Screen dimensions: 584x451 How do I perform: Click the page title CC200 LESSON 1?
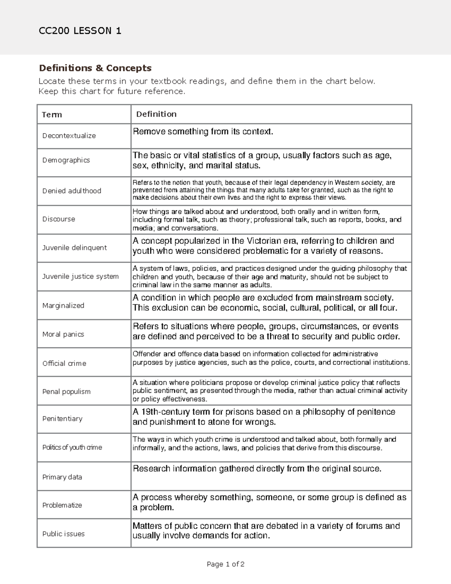[x=80, y=31]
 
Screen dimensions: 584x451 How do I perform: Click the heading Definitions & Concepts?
[x=95, y=68]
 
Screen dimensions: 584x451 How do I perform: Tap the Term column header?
[x=52, y=115]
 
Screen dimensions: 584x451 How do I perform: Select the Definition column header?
[x=156, y=114]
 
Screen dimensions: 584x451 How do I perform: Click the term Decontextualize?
[x=69, y=136]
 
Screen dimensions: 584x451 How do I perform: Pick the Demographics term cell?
[x=66, y=160]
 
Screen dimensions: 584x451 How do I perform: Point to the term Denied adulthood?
[x=71, y=191]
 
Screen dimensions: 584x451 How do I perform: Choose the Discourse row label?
[x=59, y=219]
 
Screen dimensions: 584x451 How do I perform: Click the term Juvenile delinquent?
[x=74, y=248]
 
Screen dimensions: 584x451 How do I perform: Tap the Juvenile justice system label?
[x=80, y=276]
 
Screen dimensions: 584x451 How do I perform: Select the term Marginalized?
[x=63, y=306]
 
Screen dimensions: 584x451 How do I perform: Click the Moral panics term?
[x=63, y=334]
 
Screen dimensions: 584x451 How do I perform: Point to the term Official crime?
[x=64, y=364]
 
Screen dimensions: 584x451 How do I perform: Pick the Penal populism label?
[x=66, y=392]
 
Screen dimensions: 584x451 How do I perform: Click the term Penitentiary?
[x=62, y=419]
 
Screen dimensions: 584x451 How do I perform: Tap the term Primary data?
[x=62, y=477]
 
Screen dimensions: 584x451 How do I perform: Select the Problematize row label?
[x=62, y=505]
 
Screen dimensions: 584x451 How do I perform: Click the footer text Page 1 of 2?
[x=225, y=564]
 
